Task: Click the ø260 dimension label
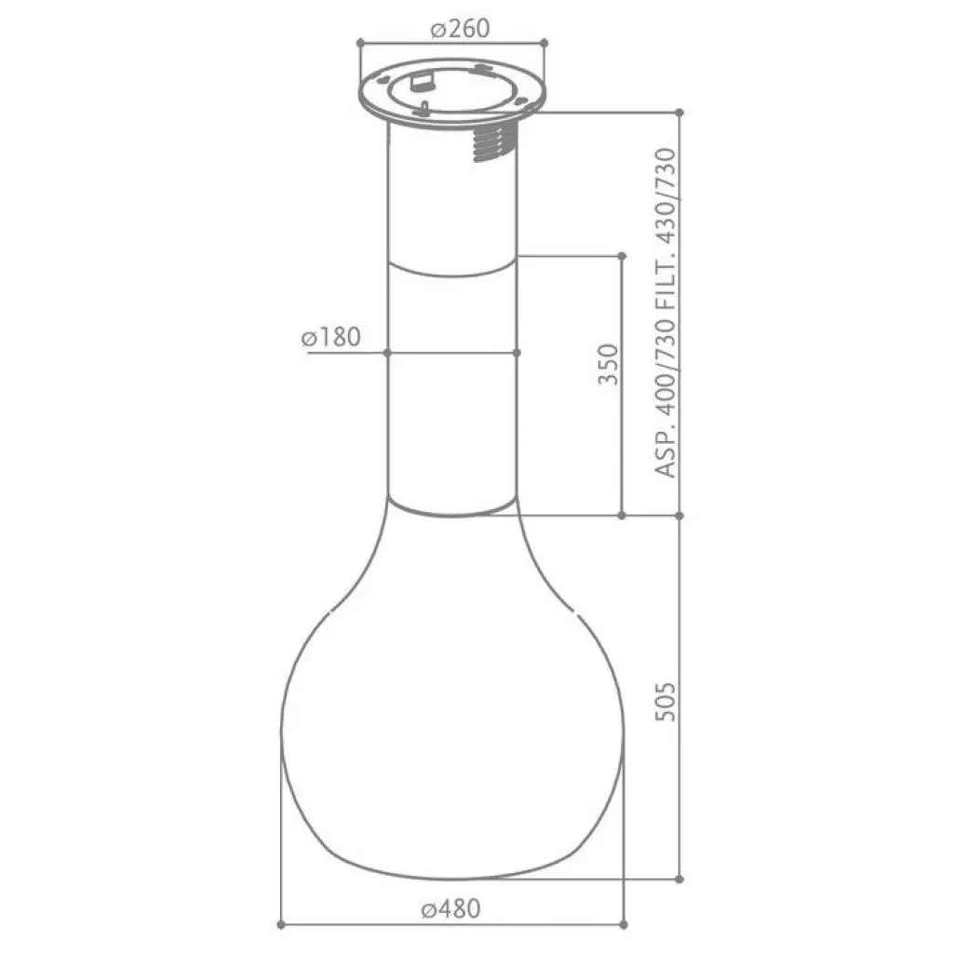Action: tap(459, 29)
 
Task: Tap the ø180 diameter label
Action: tap(330, 337)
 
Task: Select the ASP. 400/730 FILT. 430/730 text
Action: tap(665, 313)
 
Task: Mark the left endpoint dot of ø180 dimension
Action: tap(387, 352)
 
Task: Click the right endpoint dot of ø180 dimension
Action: tap(517, 352)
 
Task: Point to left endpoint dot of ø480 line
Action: tap(280, 926)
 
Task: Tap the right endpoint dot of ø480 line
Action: tap(622, 926)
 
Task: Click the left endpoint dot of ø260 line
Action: tap(360, 42)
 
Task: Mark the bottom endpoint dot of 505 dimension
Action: tap(680, 879)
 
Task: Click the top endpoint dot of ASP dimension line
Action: tap(680, 112)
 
